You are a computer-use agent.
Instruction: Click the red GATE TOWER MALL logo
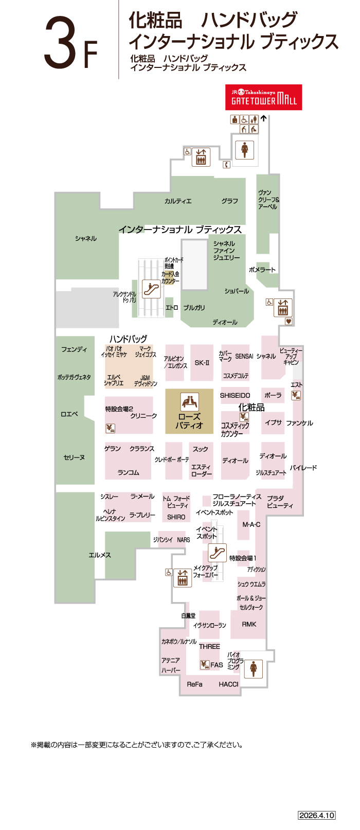(x=263, y=97)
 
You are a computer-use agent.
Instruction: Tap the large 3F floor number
(x=70, y=43)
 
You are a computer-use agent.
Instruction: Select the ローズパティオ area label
(x=189, y=421)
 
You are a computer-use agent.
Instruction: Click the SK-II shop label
(x=202, y=363)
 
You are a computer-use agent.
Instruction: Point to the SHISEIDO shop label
(x=235, y=395)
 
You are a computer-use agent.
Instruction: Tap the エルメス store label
(x=100, y=555)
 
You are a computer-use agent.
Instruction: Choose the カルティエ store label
(x=178, y=201)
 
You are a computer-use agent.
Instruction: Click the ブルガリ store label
(x=194, y=308)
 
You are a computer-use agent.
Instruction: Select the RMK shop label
(x=249, y=624)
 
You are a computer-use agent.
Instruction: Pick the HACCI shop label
(x=228, y=684)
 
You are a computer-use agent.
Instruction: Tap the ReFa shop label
(x=194, y=684)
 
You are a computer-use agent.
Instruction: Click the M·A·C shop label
(x=251, y=524)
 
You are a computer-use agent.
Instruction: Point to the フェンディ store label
(x=74, y=349)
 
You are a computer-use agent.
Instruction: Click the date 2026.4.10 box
(x=317, y=815)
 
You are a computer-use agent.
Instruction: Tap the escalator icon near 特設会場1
(x=218, y=553)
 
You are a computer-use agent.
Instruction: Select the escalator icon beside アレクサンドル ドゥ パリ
(x=151, y=289)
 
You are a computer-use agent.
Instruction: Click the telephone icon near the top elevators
(x=226, y=165)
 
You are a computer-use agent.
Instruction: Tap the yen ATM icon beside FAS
(x=205, y=664)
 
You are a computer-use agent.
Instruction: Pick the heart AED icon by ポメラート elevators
(x=289, y=322)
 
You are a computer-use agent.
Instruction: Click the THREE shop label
(x=209, y=646)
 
